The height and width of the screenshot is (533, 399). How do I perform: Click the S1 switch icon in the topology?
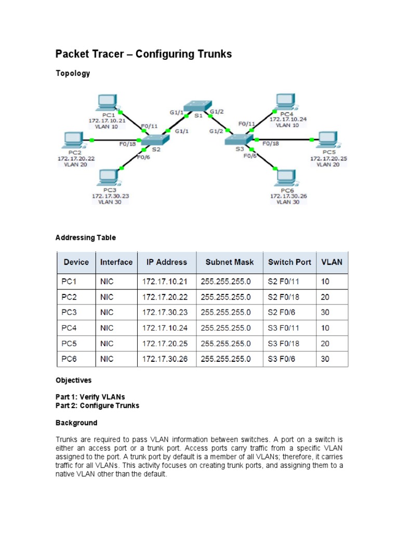pos(198,105)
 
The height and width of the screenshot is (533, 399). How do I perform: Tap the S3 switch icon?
pos(239,139)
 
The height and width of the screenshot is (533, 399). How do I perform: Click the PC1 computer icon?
pos(108,103)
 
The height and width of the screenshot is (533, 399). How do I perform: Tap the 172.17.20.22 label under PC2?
pos(76,158)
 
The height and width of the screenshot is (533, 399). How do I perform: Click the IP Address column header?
pos(167,262)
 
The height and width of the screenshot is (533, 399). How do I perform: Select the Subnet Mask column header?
pos(229,262)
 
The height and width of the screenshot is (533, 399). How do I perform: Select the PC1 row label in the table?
pos(69,282)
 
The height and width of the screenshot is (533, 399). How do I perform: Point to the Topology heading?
pos(73,73)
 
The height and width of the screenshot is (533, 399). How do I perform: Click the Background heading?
pos(76,423)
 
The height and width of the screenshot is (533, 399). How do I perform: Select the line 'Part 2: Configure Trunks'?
pos(97,405)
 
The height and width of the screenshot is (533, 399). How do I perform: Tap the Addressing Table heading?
pos(86,237)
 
